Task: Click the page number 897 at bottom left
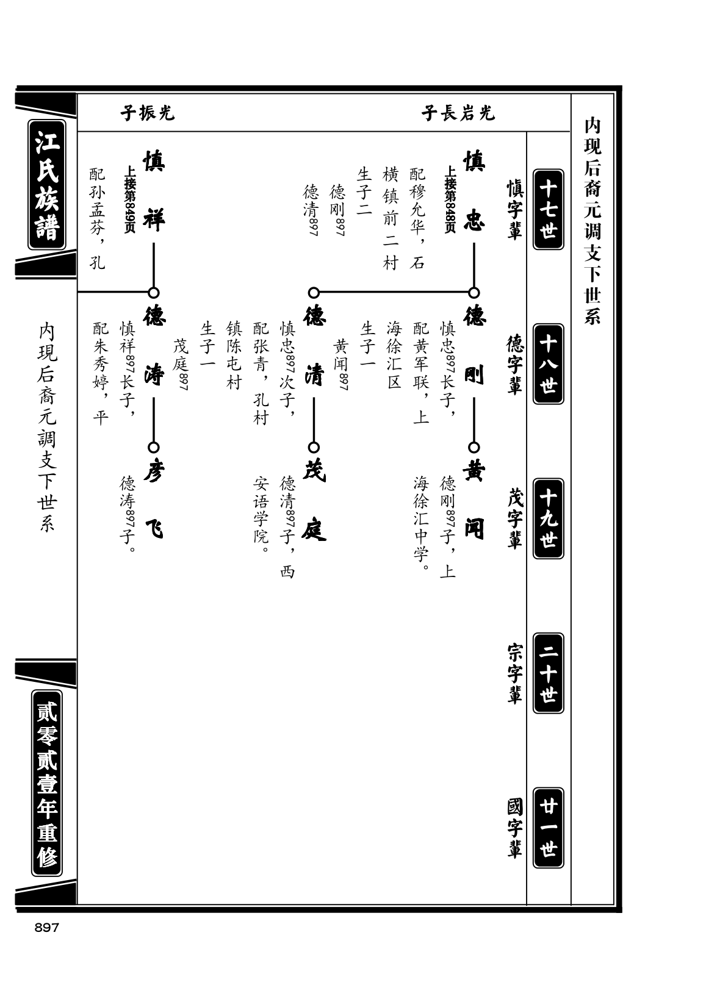46,928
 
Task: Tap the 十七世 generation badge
548,209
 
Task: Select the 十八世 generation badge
548,364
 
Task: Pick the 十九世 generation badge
548,518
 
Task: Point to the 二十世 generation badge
548,673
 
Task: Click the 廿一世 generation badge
548,828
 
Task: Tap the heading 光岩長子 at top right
458,113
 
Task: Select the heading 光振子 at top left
147,113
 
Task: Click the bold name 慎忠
474,190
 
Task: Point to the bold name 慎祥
154,190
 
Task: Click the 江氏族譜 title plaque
47,185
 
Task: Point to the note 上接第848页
450,199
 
